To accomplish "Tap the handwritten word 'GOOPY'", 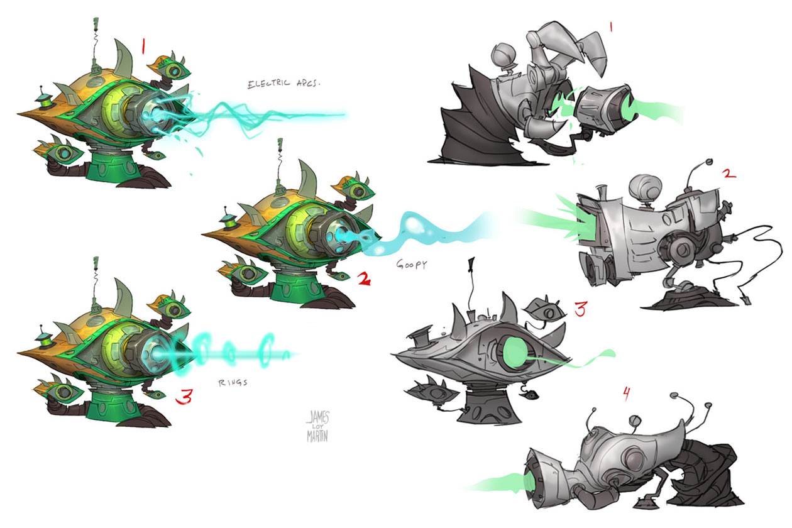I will pyautogui.click(x=411, y=265).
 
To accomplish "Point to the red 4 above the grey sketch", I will pyautogui.click(x=625, y=394).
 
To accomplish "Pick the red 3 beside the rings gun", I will pyautogui.click(x=184, y=397).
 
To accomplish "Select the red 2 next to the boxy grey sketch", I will pyautogui.click(x=729, y=173).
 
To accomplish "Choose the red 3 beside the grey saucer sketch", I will pyautogui.click(x=580, y=309).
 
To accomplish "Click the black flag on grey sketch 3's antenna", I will pyautogui.click(x=471, y=266).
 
